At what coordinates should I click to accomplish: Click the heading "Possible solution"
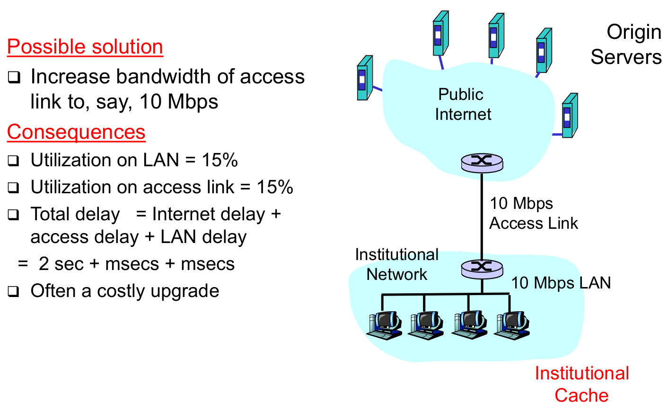(x=85, y=47)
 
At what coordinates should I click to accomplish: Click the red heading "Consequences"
(x=76, y=132)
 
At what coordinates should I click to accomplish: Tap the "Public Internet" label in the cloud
(x=462, y=105)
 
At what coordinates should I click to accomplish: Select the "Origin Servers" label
(x=626, y=45)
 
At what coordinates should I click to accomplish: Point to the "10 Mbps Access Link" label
(x=533, y=213)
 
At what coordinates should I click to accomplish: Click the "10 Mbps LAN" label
(x=561, y=283)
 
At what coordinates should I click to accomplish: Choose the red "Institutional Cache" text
(x=581, y=384)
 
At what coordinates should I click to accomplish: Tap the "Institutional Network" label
(x=396, y=264)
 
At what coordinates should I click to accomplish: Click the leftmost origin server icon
(x=364, y=79)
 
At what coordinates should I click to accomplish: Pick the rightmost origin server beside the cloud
(x=569, y=116)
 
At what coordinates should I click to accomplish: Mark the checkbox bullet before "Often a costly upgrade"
(x=14, y=291)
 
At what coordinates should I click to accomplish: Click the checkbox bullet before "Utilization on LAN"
(x=14, y=161)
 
